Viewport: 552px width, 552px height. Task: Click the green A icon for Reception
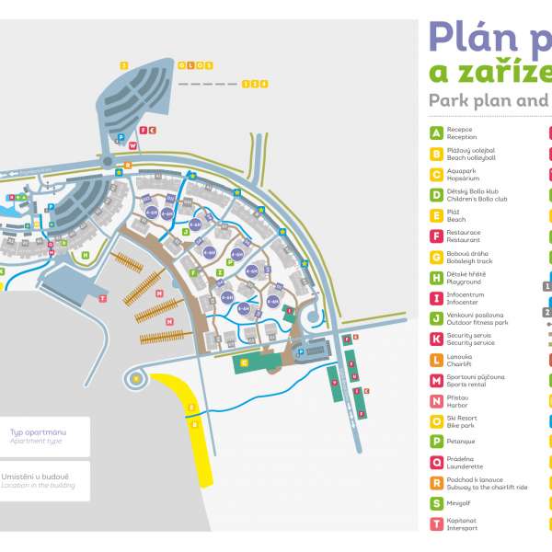click(x=436, y=133)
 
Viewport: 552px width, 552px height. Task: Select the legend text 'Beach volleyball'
click(x=471, y=158)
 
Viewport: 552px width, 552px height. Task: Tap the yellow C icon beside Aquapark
click(x=436, y=174)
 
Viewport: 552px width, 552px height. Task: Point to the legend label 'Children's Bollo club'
click(x=477, y=199)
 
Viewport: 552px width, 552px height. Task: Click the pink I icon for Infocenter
click(x=436, y=297)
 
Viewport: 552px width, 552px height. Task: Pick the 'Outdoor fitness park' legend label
click(x=477, y=322)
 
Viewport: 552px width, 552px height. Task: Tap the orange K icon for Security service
click(x=436, y=338)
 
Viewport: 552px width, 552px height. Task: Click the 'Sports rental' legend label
click(x=466, y=383)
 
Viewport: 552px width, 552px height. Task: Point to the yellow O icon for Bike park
click(x=436, y=420)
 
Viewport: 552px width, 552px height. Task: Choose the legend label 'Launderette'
click(x=465, y=466)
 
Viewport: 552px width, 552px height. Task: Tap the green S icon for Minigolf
click(x=436, y=503)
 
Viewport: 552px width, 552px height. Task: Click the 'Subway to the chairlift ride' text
click(x=487, y=487)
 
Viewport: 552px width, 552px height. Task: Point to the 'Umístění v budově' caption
click(x=38, y=476)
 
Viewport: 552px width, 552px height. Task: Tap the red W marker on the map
click(x=133, y=145)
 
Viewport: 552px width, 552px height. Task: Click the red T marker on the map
click(x=102, y=298)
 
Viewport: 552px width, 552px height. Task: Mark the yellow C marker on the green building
click(x=244, y=363)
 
